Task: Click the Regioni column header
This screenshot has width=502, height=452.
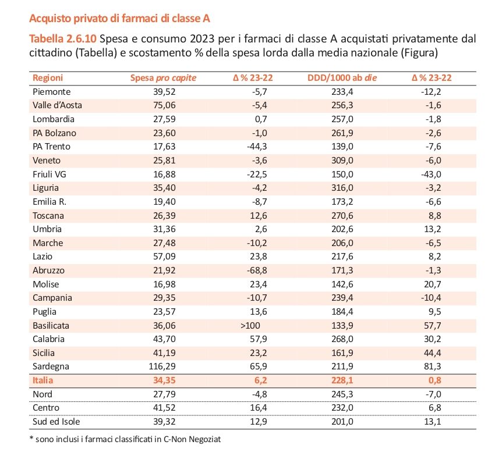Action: tap(48, 78)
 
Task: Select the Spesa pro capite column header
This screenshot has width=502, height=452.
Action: tap(163, 78)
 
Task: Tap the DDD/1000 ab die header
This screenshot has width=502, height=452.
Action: tap(342, 78)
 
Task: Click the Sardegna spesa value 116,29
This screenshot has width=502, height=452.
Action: tap(162, 366)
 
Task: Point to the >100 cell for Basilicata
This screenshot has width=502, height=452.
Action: tap(250, 326)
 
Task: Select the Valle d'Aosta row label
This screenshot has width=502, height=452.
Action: tap(57, 105)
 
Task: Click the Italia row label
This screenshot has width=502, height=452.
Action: tap(43, 380)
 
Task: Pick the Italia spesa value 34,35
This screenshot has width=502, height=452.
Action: tap(164, 380)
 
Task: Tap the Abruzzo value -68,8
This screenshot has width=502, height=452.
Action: tap(257, 271)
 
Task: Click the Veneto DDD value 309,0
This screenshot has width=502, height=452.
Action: tap(342, 160)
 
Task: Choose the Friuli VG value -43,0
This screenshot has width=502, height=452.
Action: tap(431, 175)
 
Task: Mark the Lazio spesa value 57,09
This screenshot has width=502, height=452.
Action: tap(164, 257)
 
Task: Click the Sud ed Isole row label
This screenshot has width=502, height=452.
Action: tap(56, 422)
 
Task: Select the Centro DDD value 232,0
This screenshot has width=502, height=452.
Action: tap(342, 408)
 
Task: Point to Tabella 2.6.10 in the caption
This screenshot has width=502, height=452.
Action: tap(63, 39)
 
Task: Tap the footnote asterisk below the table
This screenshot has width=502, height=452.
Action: tap(31, 439)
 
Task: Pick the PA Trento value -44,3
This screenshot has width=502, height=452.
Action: tap(257, 147)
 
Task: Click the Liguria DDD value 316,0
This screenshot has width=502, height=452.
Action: tap(342, 188)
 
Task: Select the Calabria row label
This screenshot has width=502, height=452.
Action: tap(49, 339)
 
